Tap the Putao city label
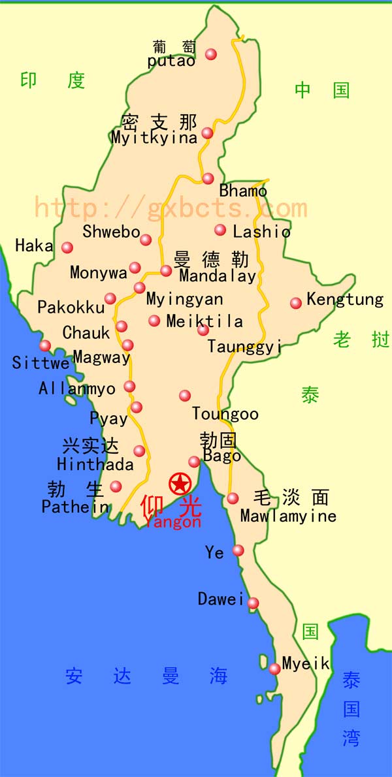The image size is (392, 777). coord(171,61)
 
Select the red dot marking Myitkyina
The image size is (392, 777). coord(207,133)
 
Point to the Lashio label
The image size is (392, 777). coord(261,231)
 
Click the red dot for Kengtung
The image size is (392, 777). coord(296,302)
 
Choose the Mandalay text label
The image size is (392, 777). coord(218,276)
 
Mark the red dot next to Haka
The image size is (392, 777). coord(67,247)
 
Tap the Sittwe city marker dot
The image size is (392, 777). coord(45,345)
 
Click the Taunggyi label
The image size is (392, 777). coord(244,346)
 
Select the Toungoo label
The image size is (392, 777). coord(225,414)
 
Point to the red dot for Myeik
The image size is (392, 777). coord(274,668)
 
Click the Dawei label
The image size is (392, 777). coord(221,599)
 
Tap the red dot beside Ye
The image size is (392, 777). coord(238,550)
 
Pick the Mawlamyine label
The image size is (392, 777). coord(288,516)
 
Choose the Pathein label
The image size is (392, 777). coord(75,507)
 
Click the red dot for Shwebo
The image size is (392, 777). coord(146,240)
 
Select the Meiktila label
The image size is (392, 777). coord(204,321)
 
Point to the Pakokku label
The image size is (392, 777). coord(71,307)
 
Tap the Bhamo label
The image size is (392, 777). coord(243,191)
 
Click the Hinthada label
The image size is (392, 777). coord(95,465)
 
